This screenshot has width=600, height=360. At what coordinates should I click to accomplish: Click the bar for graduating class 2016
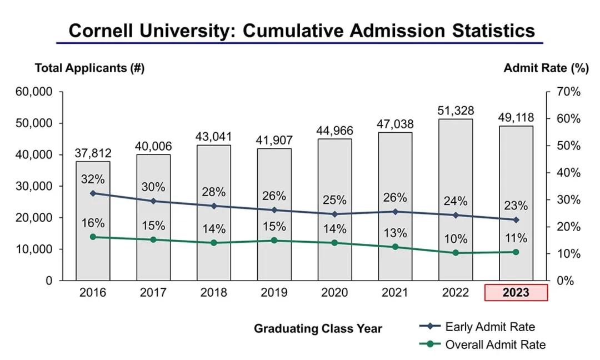(93, 261)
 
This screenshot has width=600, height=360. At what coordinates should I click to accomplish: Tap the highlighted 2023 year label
(516, 293)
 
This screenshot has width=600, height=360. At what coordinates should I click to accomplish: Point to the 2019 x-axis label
(274, 293)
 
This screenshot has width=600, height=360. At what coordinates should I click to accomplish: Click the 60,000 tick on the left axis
(33, 92)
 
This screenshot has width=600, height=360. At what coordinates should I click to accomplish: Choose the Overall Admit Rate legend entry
(495, 344)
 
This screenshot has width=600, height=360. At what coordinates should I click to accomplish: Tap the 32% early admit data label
(93, 179)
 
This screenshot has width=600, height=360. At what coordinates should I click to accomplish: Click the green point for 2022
(456, 253)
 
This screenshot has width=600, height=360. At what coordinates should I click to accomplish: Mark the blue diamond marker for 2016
(93, 193)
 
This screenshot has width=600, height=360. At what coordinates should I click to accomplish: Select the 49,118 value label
(516, 117)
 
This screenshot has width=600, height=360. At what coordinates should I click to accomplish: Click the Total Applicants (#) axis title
(89, 68)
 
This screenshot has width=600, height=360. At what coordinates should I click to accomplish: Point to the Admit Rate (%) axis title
(546, 68)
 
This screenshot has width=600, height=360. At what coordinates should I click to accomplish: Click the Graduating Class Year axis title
(318, 328)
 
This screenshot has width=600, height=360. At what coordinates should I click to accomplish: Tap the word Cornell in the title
(104, 30)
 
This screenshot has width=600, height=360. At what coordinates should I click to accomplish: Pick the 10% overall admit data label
(456, 239)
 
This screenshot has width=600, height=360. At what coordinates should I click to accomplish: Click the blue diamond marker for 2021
(395, 212)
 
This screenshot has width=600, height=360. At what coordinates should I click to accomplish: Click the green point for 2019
(274, 241)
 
